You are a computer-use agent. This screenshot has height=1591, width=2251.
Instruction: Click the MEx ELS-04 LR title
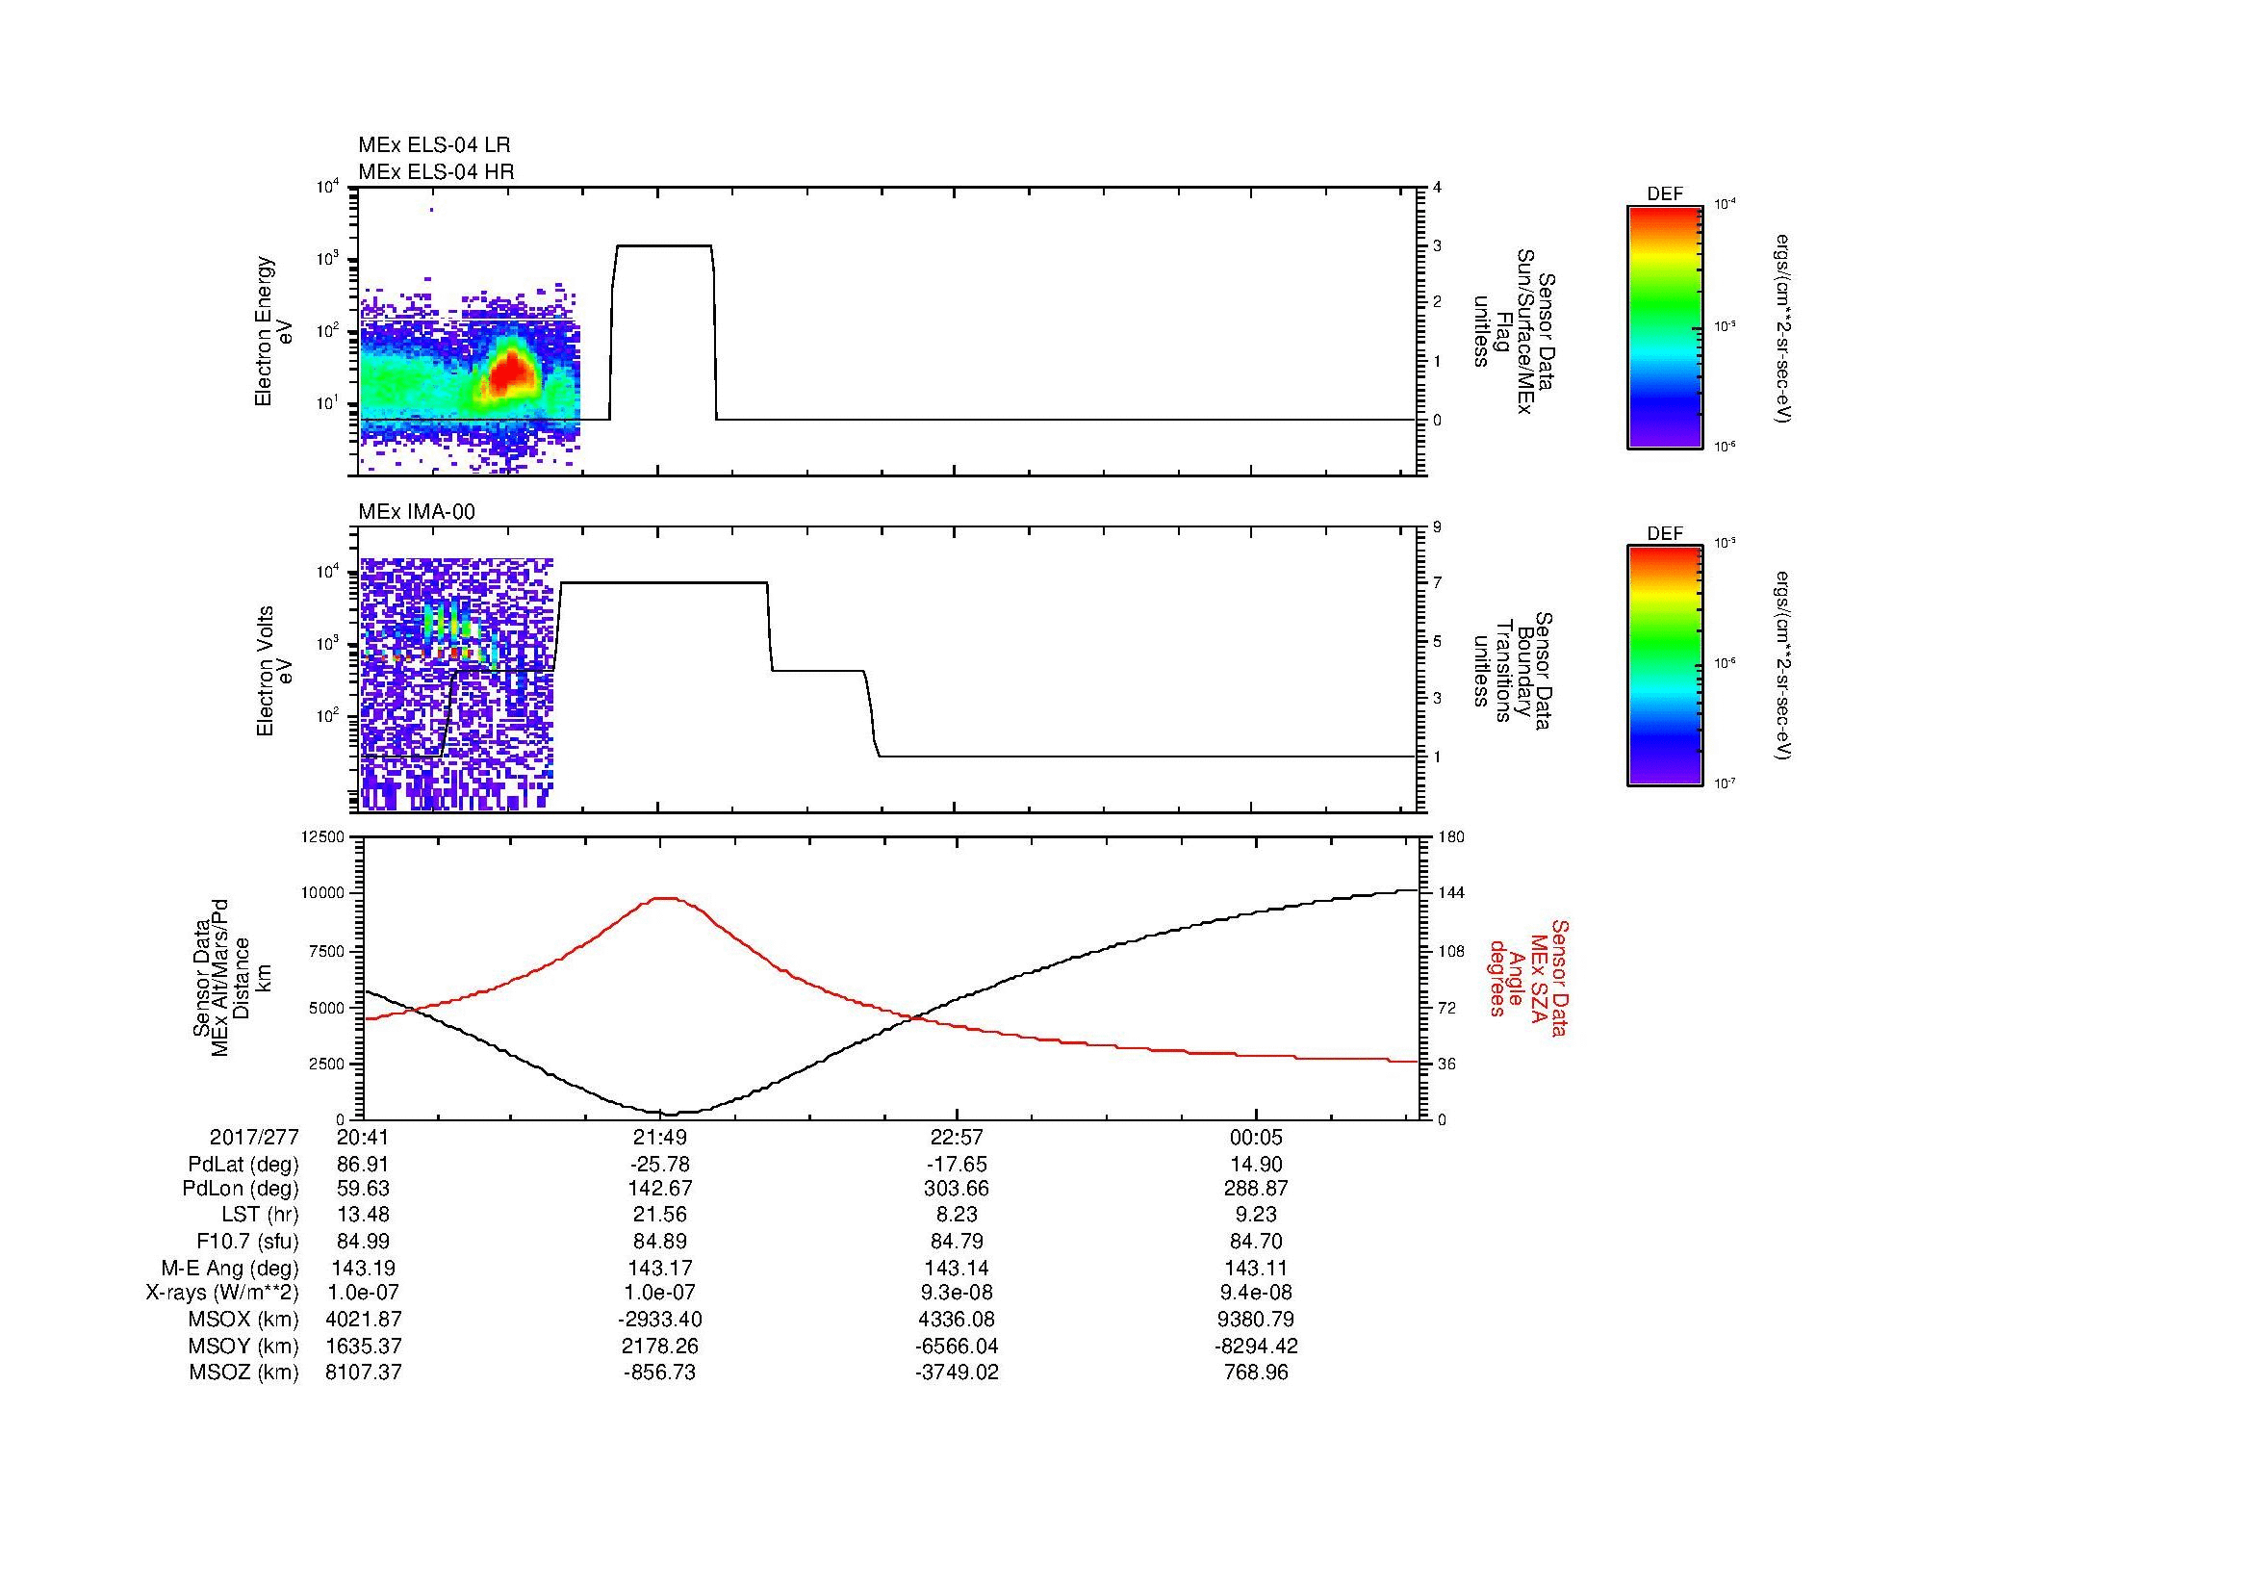pyautogui.click(x=433, y=145)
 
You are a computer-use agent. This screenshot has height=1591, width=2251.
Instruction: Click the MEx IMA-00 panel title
pyautogui.click(x=416, y=512)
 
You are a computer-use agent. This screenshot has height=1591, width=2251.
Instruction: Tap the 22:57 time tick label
pyautogui.click(x=956, y=1138)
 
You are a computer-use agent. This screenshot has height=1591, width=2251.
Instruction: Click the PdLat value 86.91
pyautogui.click(x=363, y=1165)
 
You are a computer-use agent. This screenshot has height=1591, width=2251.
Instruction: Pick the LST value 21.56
pyautogui.click(x=661, y=1216)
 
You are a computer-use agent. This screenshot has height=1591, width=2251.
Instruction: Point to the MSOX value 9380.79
pyautogui.click(x=1256, y=1320)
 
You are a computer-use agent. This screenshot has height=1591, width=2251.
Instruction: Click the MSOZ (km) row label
pyautogui.click(x=243, y=1373)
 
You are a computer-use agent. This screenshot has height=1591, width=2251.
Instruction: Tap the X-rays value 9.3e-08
pyautogui.click(x=956, y=1293)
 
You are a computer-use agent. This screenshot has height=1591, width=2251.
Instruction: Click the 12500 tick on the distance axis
pyautogui.click(x=323, y=836)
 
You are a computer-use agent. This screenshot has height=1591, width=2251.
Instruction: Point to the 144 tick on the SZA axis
pyautogui.click(x=1451, y=893)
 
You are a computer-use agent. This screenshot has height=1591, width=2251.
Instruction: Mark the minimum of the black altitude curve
pyautogui.click(x=670, y=1114)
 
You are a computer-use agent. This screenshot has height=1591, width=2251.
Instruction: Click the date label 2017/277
pyautogui.click(x=254, y=1138)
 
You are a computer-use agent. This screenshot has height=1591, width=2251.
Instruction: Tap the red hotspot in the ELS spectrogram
pyautogui.click(x=512, y=372)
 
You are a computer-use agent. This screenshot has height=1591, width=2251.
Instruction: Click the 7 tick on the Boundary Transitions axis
pyautogui.click(x=1437, y=583)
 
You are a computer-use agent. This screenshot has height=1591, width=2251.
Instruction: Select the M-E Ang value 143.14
pyautogui.click(x=956, y=1268)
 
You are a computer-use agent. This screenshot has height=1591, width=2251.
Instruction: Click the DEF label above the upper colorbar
pyautogui.click(x=1665, y=194)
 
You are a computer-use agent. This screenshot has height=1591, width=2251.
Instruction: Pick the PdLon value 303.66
pyautogui.click(x=956, y=1189)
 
